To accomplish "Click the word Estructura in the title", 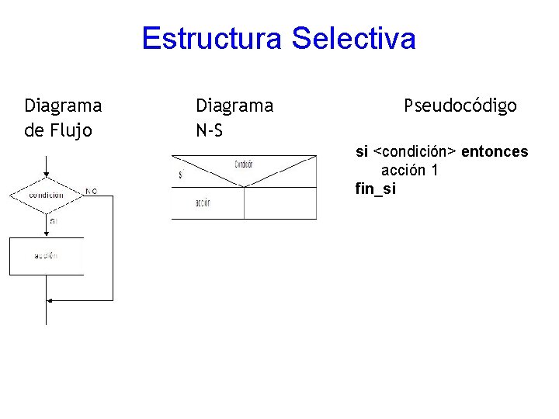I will tap(212, 38).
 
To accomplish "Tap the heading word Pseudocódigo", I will tap(460, 106).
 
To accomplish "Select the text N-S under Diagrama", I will tap(210, 130).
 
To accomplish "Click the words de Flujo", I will tap(58, 130).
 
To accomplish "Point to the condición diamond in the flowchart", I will tap(47, 195).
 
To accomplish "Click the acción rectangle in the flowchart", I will tap(47, 255).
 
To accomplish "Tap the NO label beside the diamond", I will tap(92, 190).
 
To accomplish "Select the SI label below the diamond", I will tap(54, 221).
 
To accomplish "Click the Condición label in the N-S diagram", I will tap(244, 164).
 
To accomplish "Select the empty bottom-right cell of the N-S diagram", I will tap(280, 203).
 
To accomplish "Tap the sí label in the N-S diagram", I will tap(181, 175).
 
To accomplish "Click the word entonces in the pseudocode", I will tap(495, 151).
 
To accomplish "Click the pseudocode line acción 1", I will tap(409, 170).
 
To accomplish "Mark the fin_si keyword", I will tap(375, 188).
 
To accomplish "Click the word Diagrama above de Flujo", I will tap(63, 106).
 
